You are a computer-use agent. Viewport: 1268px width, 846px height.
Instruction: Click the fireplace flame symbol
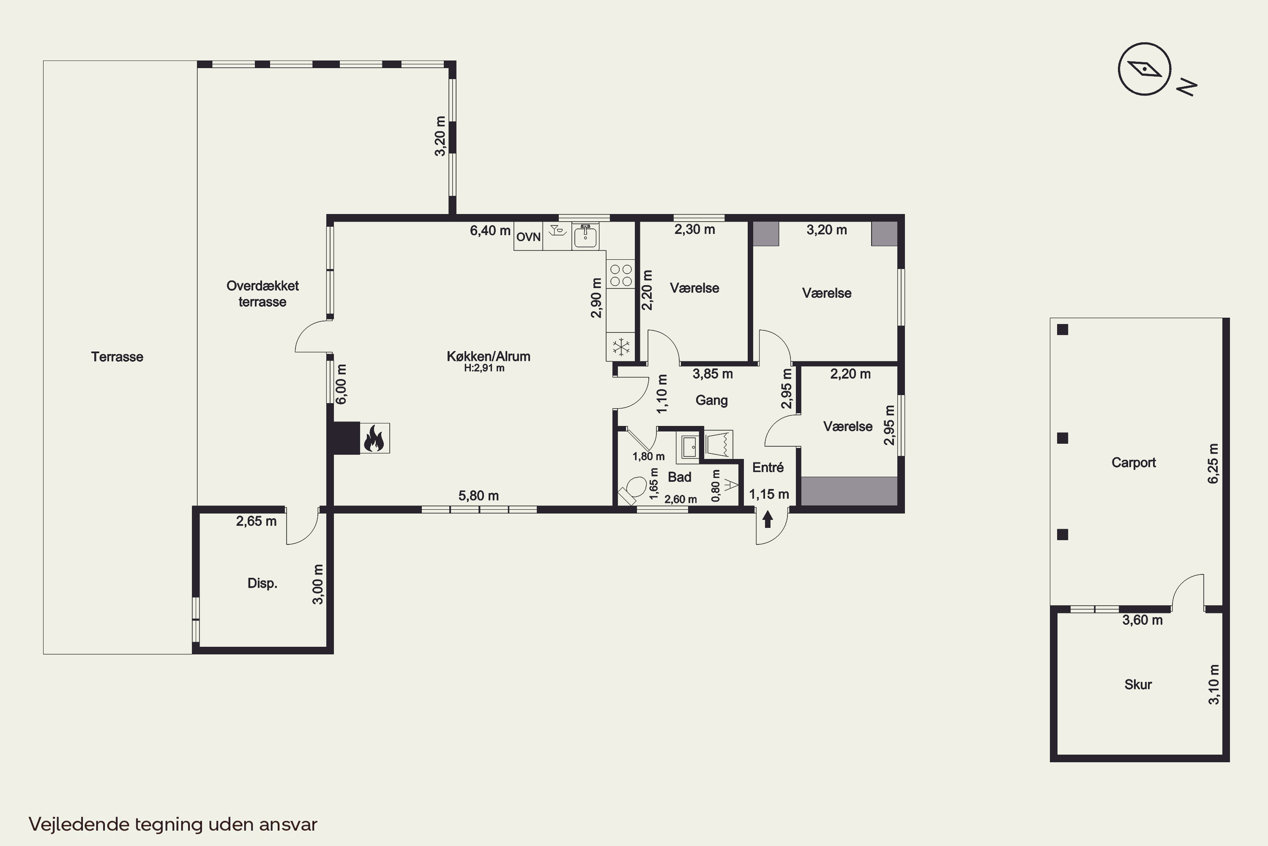pos(374,438)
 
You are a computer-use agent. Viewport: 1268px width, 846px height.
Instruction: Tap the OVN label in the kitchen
pos(528,237)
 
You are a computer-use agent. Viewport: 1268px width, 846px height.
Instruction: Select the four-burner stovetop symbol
pos(620,275)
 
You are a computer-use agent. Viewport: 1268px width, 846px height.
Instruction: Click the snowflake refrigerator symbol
pos(621,347)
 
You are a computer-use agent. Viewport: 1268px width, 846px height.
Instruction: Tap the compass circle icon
pos(1145,69)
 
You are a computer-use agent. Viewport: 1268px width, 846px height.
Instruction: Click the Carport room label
pos(1134,462)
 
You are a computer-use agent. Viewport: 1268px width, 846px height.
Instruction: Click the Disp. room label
pos(262,583)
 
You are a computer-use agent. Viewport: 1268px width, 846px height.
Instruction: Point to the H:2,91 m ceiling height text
pos(484,368)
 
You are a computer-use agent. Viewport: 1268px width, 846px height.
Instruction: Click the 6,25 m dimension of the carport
pos(1213,464)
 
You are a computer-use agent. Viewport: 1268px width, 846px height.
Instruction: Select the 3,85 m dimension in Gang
pos(713,374)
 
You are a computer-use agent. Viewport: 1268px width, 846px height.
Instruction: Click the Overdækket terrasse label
pos(262,294)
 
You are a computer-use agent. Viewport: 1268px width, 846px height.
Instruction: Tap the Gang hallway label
pos(712,400)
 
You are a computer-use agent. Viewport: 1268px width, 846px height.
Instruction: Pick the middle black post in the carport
pos(1063,438)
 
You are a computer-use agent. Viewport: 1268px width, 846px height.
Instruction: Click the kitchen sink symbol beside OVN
pos(585,236)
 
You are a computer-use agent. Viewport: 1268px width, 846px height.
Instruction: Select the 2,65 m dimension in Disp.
pos(256,521)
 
